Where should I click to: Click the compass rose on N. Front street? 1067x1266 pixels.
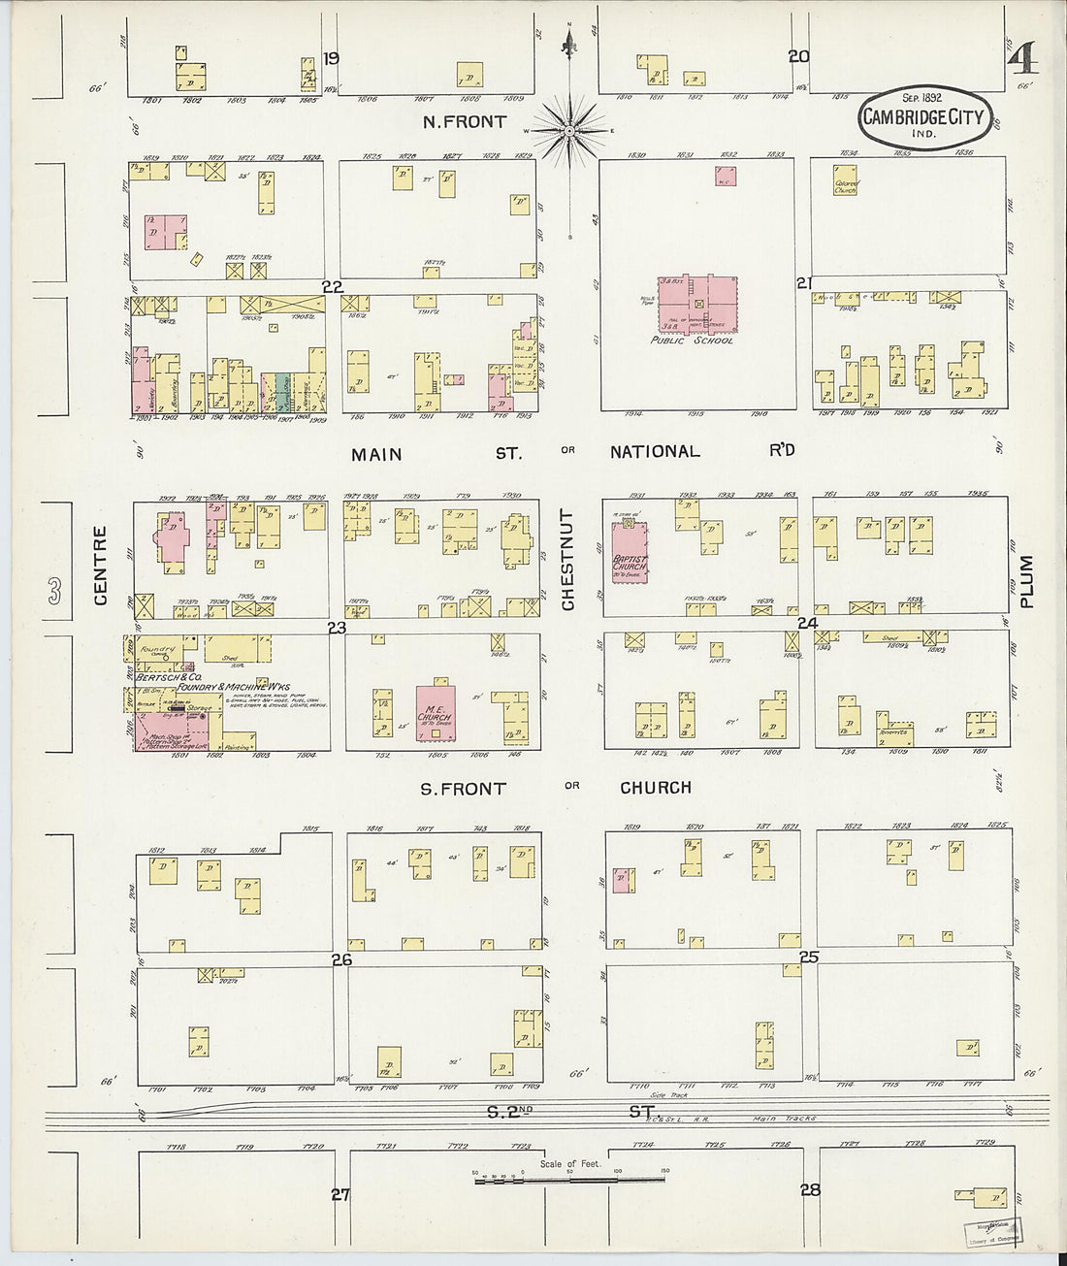coord(570,130)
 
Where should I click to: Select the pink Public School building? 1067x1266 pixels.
coord(696,304)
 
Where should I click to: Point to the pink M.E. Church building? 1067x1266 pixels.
coord(436,711)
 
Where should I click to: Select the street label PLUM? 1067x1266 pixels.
coord(1027,580)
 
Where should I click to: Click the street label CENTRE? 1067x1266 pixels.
coord(100,565)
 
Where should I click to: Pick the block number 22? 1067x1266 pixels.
coord(333,286)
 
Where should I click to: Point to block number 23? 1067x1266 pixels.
coord(337,629)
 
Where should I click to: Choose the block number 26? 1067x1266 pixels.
coord(340,959)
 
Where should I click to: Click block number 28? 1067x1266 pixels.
coord(810,1189)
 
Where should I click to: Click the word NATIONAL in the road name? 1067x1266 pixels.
coord(655,451)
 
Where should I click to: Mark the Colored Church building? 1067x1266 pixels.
coord(845,184)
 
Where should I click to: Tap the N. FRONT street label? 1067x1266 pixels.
coord(464,122)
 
